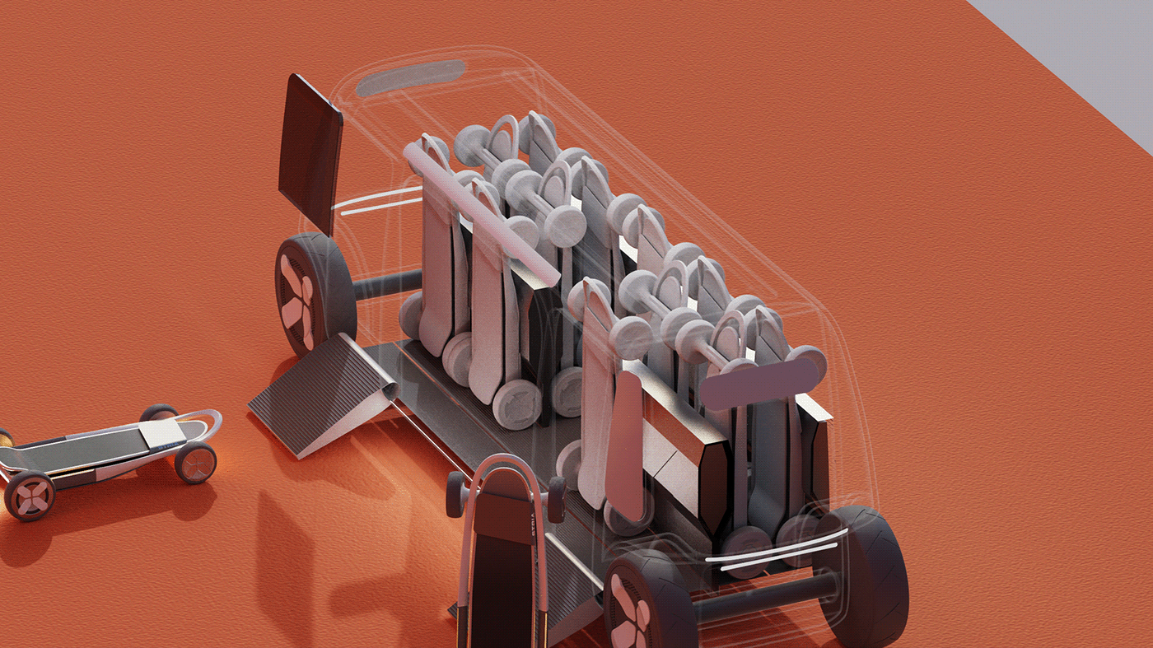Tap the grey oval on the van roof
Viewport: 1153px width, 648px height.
(x=410, y=76)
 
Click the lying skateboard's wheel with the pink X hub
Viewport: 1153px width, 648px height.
(x=29, y=496)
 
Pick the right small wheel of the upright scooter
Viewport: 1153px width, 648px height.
(x=557, y=497)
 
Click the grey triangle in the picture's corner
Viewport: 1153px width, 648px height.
(x=1087, y=49)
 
